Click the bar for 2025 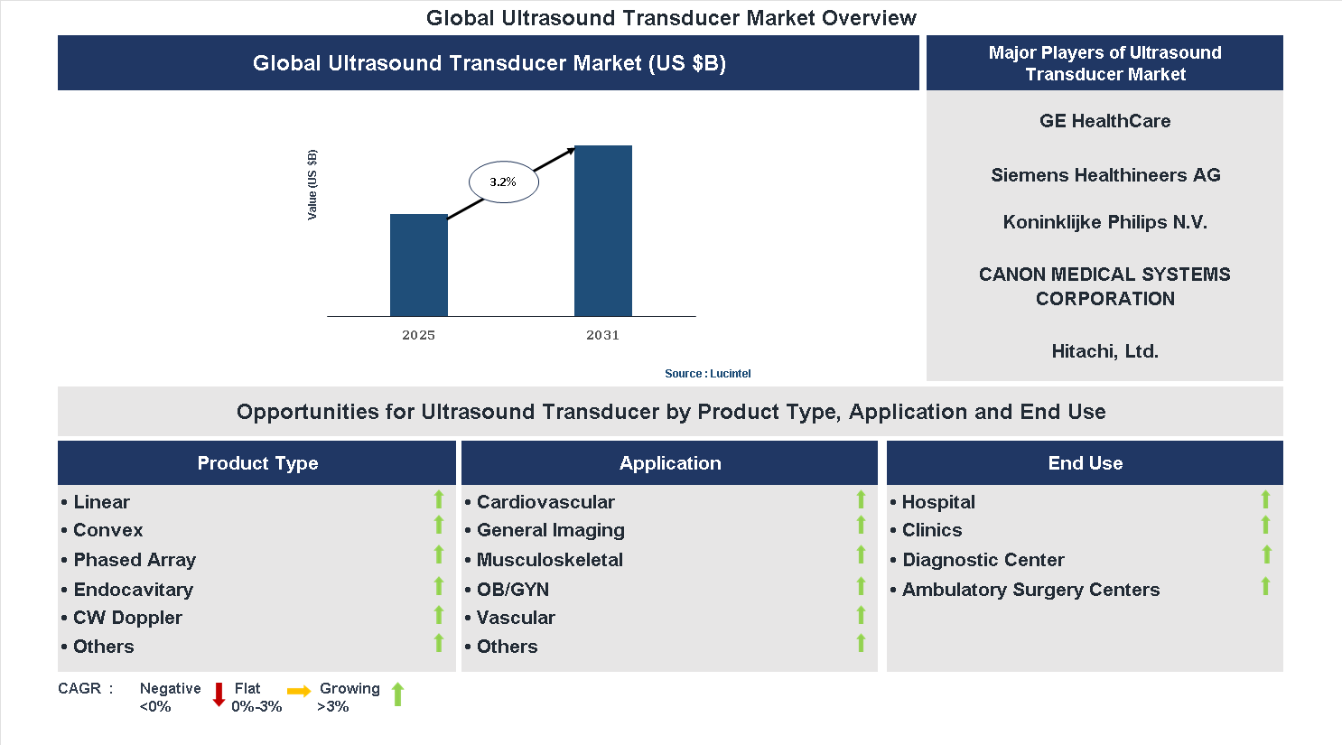pos(418,265)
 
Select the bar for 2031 pos(602,231)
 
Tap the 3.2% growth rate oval pos(503,182)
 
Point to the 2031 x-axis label pos(602,335)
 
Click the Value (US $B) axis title pos(312,184)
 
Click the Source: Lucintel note pos(707,374)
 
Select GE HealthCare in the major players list pos(1104,121)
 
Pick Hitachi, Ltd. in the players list pos(1104,351)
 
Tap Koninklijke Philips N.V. pos(1104,222)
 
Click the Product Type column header pos(257,463)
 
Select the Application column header pos(669,463)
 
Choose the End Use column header pos(1085,463)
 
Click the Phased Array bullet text pos(135,560)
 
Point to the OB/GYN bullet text pos(513,590)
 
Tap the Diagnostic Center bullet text pos(983,560)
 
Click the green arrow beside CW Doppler pos(439,615)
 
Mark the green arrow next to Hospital pos(1265,499)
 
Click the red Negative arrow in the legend pos(219,694)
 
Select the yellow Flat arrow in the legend pos(299,692)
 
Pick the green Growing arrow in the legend pos(397,694)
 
